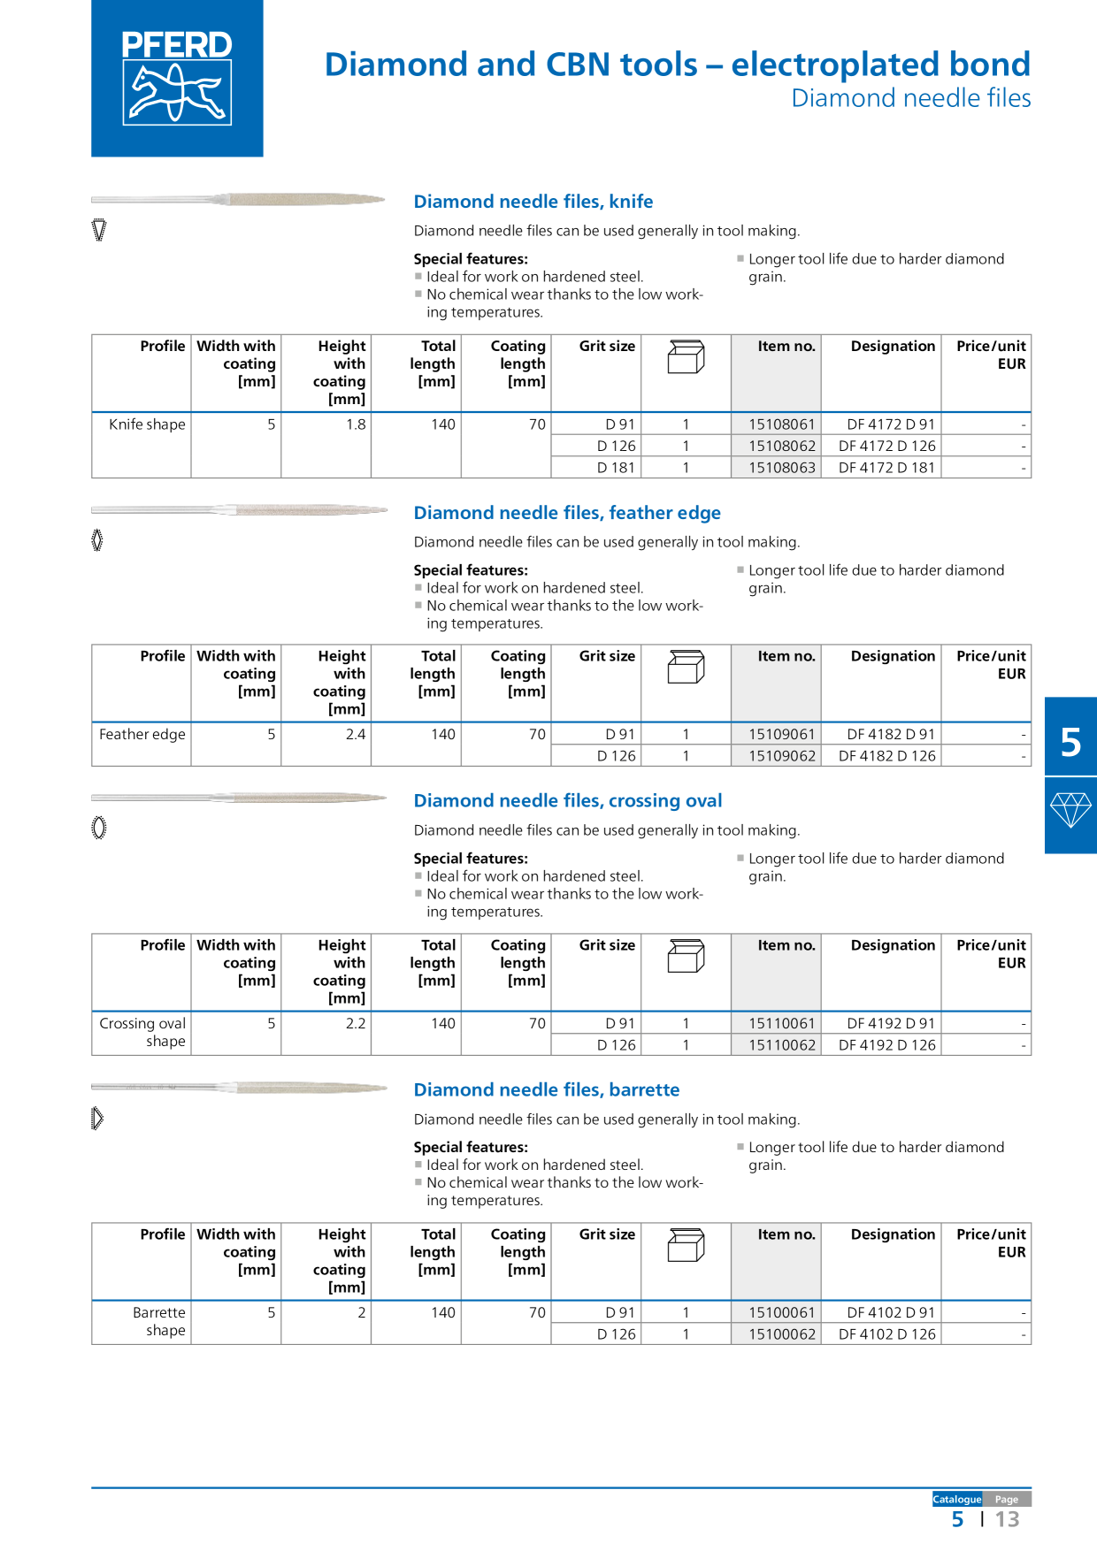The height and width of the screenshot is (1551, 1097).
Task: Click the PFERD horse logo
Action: pos(177,78)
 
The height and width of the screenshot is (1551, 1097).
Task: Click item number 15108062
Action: pos(782,446)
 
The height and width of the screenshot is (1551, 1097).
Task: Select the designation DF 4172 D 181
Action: pos(886,468)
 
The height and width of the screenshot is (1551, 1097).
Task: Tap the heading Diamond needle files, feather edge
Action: pos(567,513)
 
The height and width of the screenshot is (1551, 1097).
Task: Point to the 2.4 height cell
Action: pos(356,734)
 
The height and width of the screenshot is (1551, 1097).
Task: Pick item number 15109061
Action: pos(782,734)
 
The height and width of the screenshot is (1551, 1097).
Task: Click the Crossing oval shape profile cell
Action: pos(142,1032)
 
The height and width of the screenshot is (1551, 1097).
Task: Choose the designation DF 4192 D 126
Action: pos(886,1045)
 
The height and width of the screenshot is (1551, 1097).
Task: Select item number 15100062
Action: pos(782,1334)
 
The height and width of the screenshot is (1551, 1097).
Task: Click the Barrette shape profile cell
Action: pos(159,1321)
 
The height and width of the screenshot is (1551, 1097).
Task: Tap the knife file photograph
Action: pos(239,200)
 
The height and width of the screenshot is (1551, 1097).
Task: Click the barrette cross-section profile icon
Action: pos(97,1119)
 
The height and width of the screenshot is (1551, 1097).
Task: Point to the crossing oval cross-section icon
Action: pos(99,828)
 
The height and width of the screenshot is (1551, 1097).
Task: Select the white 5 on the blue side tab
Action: pos(1070,742)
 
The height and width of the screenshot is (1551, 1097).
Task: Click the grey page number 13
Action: pos(1007,1519)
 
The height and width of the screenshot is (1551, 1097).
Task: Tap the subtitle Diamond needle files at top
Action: pos(910,98)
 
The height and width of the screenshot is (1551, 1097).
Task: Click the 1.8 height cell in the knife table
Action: pos(356,424)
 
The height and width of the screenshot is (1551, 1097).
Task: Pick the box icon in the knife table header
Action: pos(686,356)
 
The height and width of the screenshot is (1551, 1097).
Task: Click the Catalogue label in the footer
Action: pos(956,1499)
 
